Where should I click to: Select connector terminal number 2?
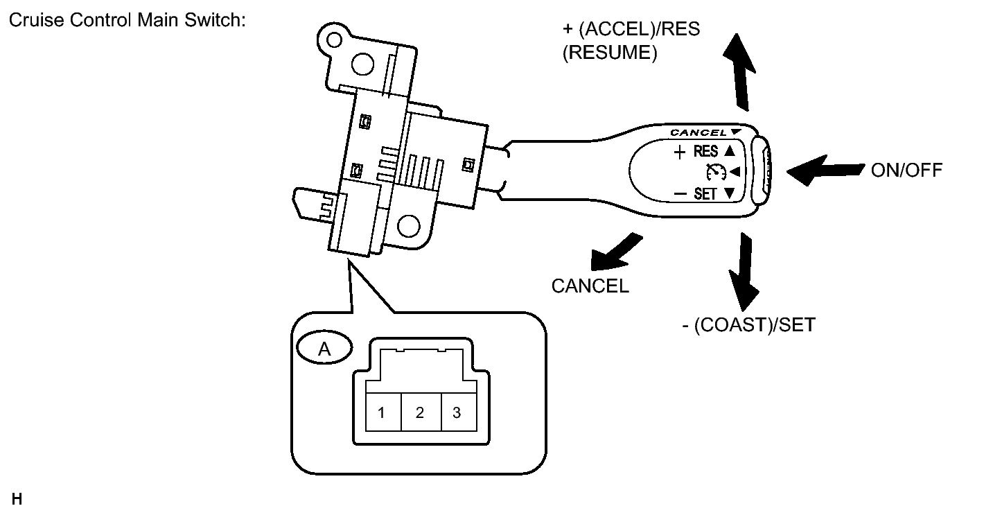point(421,412)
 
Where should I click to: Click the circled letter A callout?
point(324,348)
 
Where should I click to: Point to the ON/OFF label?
point(906,171)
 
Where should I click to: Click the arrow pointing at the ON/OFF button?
point(825,171)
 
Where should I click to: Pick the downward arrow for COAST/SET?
point(744,272)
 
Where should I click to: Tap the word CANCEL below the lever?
point(590,286)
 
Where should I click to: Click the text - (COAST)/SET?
point(748,324)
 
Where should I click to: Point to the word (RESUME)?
point(610,53)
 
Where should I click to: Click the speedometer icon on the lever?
point(716,172)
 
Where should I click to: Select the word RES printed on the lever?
point(705,151)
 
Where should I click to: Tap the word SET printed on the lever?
point(705,194)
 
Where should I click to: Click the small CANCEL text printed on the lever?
point(699,132)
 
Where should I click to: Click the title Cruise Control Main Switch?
point(128,20)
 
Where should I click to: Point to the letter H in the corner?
point(17,499)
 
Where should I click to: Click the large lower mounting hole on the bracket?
point(409,226)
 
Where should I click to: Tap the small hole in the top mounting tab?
point(334,40)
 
